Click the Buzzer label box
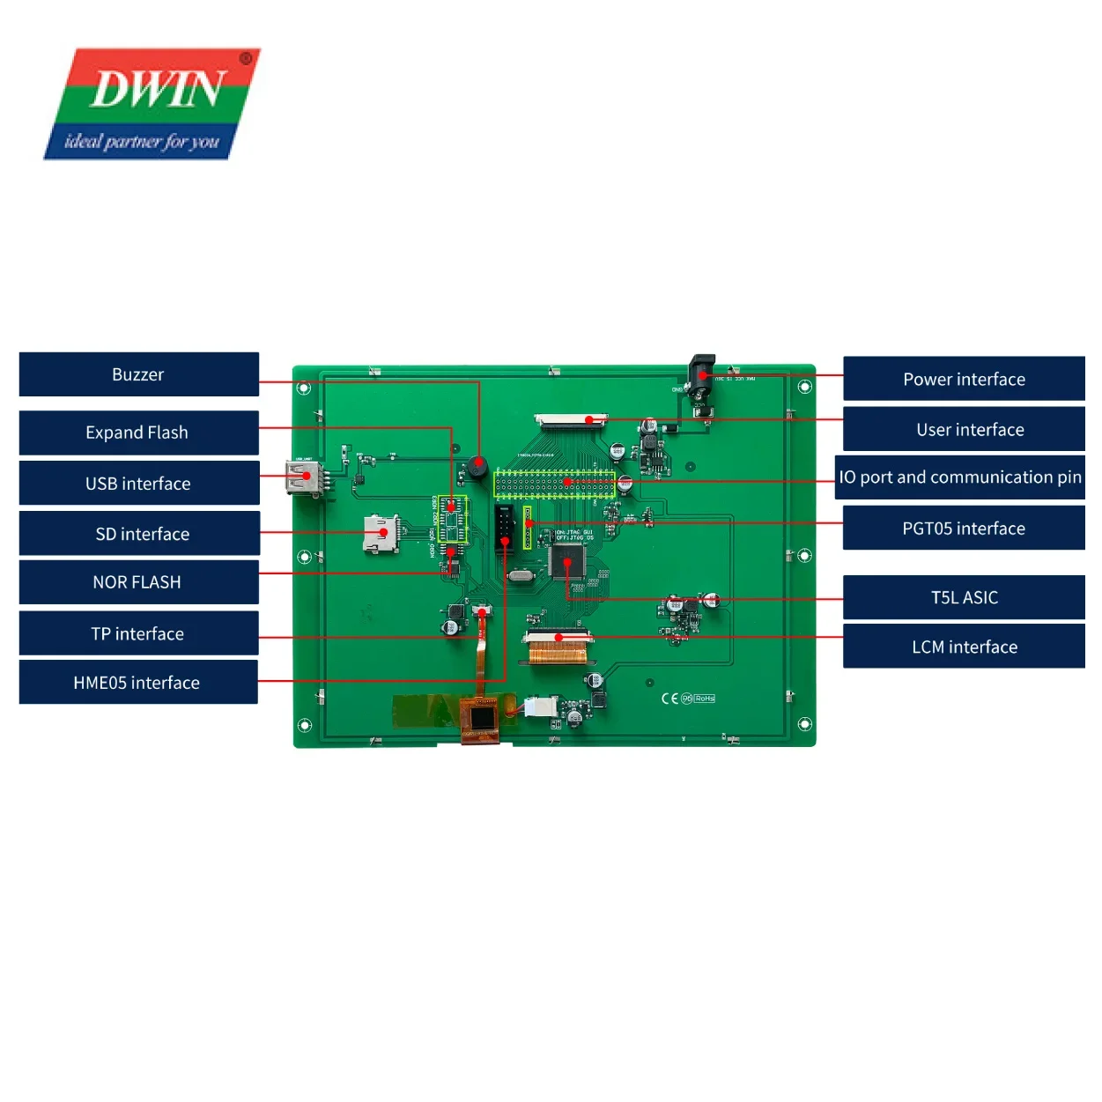point(138,374)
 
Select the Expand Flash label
point(138,433)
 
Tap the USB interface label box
point(138,483)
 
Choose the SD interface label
point(138,534)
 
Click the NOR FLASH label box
point(138,582)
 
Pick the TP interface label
point(138,633)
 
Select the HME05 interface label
point(138,683)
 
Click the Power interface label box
point(964,380)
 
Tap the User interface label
point(964,430)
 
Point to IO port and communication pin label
point(959,477)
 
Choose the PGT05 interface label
point(964,529)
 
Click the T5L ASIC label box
point(964,597)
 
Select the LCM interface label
point(964,647)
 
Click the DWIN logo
point(152,104)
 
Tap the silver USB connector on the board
point(301,477)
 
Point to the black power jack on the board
point(701,380)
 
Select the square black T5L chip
point(566,561)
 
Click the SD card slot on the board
point(381,534)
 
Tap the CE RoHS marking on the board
point(688,699)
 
